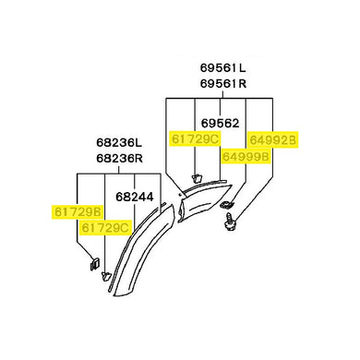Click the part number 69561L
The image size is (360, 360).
tap(223, 67)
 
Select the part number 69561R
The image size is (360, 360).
tap(223, 83)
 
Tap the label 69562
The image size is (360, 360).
tap(220, 124)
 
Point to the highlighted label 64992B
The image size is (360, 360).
tap(272, 140)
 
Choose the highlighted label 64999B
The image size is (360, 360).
tap(246, 157)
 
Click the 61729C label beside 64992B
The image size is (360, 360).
tap(195, 139)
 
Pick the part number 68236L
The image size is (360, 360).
tap(119, 142)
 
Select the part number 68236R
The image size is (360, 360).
tap(119, 158)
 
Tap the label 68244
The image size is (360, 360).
tap(135, 197)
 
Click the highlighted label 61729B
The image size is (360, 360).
tap(78, 212)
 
